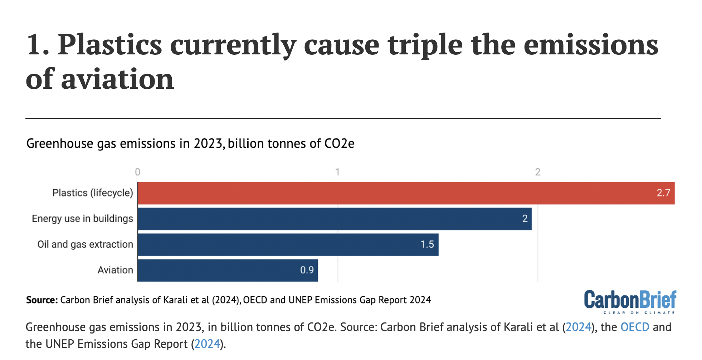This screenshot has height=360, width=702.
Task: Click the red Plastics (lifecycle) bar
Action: point(394,193)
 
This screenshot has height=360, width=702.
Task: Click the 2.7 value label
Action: point(663,193)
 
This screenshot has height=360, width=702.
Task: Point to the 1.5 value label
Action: point(427,245)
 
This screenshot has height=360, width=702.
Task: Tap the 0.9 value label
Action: point(307,270)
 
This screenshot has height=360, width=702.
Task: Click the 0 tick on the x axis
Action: point(137,172)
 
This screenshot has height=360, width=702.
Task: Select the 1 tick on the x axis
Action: point(337,172)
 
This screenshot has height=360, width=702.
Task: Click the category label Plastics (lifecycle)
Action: point(93,193)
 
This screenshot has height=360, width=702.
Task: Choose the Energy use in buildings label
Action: point(82,219)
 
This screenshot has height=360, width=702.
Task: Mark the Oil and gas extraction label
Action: point(85,244)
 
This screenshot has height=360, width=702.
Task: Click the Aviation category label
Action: point(115,270)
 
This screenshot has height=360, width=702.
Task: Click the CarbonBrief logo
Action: point(630,302)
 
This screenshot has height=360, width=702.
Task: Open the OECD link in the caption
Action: point(634,327)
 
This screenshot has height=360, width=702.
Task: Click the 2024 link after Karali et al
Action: point(578,327)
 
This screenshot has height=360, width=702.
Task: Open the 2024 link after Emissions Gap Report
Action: point(207,344)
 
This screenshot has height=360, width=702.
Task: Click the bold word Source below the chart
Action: point(42,300)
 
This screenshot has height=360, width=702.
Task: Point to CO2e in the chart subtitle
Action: point(339,144)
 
